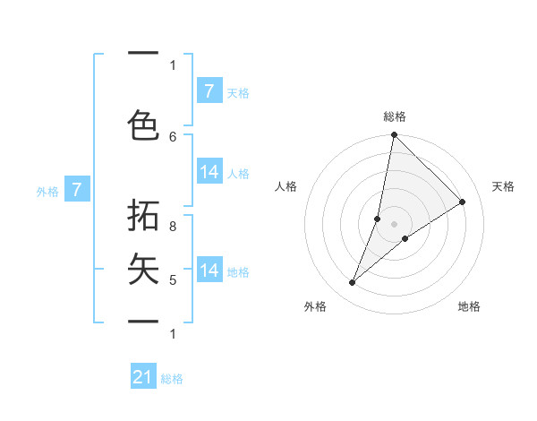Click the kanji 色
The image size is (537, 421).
[x=144, y=125]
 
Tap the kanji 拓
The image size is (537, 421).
[x=144, y=219]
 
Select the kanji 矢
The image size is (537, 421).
[x=144, y=269]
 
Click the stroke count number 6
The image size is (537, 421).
[x=173, y=136]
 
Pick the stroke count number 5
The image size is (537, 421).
[x=173, y=280]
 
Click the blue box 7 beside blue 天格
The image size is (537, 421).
[x=209, y=90]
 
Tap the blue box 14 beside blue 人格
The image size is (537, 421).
[x=209, y=172]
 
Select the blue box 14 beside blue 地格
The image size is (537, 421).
[x=209, y=270]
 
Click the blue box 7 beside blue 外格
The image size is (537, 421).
[x=77, y=189]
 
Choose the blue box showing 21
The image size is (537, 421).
[x=143, y=377]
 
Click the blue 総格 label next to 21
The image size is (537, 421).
[x=172, y=379]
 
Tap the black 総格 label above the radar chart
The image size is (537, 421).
[x=394, y=116]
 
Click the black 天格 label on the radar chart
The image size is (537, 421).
[x=503, y=186]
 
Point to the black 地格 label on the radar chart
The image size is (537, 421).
[x=469, y=306]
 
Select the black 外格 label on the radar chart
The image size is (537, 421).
[x=315, y=306]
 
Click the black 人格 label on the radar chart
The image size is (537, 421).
[x=286, y=186]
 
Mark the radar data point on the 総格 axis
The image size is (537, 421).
[x=394, y=135]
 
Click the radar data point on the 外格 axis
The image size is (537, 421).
[x=352, y=283]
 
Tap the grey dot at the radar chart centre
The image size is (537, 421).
[x=394, y=223]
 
